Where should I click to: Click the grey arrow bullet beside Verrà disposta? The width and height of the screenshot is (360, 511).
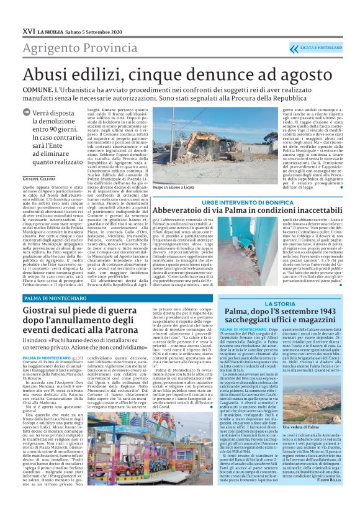[26, 112]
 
